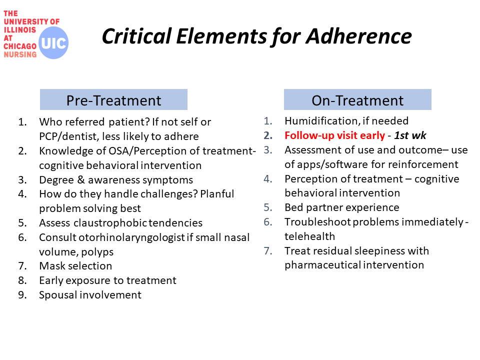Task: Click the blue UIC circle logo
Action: (53, 42)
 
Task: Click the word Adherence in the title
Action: (359, 36)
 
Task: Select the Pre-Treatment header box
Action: (113, 99)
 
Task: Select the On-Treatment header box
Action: (357, 99)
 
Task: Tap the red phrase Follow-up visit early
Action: (334, 135)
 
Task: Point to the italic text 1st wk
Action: (410, 135)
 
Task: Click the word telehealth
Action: (309, 236)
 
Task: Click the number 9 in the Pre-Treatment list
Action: (21, 295)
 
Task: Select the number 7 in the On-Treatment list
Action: (267, 251)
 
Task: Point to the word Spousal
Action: (58, 295)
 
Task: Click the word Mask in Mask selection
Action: (51, 266)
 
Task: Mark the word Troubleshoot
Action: (317, 222)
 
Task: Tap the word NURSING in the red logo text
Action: (20, 54)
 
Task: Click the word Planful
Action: (217, 194)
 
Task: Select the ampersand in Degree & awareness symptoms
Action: (81, 179)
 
